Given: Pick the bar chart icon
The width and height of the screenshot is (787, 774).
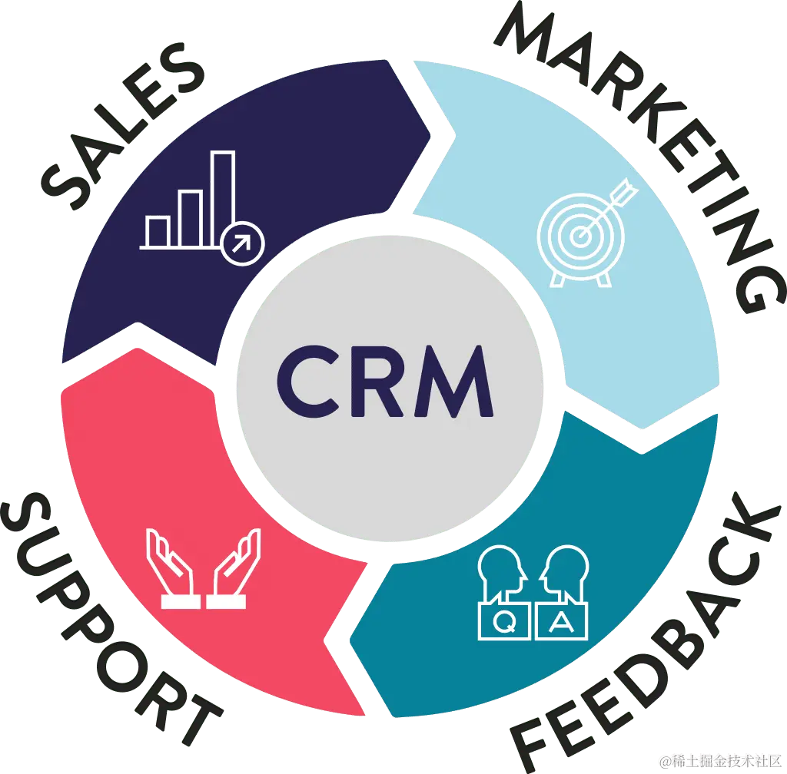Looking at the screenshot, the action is tap(201, 203).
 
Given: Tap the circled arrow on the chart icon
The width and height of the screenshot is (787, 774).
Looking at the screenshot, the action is tap(242, 243).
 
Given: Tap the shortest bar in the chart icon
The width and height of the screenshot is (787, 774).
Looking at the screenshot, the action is tap(158, 231).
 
